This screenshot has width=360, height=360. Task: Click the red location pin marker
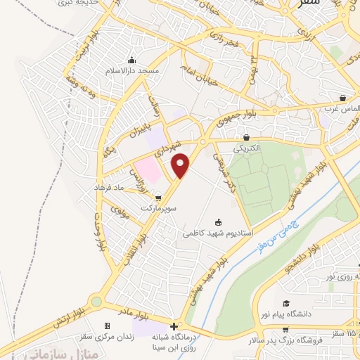[181, 165]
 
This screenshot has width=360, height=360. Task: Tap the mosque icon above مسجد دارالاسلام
[133, 60]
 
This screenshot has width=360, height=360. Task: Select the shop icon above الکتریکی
[246, 138]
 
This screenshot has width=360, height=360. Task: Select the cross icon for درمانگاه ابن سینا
[174, 326]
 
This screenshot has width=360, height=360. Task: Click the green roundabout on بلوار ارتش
[96, 302]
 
